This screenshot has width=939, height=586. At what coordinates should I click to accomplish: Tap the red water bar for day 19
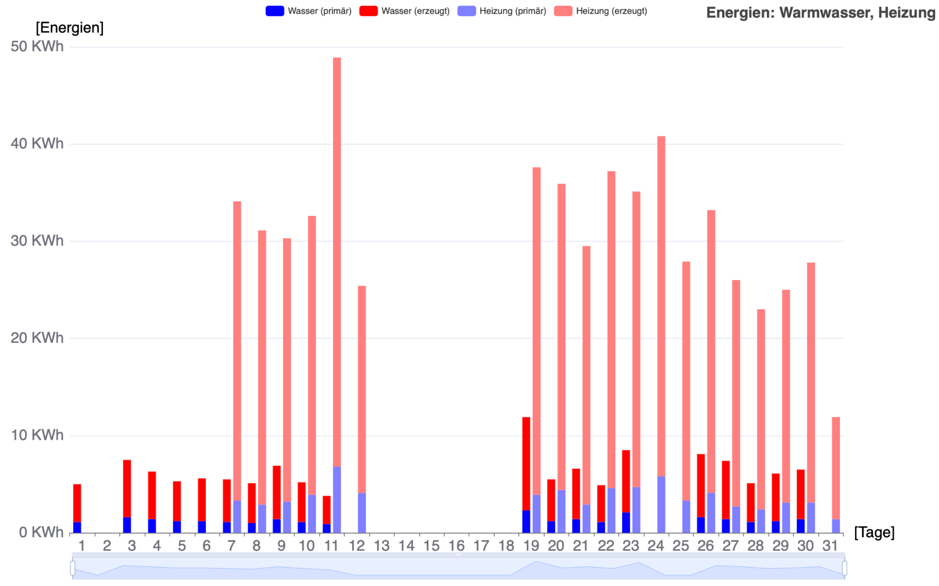[x=526, y=463]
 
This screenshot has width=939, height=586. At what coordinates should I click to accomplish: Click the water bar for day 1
[x=77, y=502]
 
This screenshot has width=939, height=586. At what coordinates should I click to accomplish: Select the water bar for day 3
[x=127, y=488]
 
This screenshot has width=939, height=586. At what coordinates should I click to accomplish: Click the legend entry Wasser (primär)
[x=309, y=11]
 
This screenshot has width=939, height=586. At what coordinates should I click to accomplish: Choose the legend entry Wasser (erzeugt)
[x=404, y=11]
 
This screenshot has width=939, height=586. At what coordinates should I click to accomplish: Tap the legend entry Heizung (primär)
[x=502, y=11]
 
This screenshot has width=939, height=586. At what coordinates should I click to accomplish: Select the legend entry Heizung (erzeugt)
[x=601, y=11]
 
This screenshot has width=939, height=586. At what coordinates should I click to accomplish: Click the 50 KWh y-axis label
[x=37, y=46]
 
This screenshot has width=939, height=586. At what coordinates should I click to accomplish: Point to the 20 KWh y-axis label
[x=37, y=338]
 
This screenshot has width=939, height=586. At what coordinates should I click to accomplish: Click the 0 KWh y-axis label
[x=41, y=532]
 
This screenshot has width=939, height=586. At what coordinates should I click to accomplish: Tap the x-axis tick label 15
[x=431, y=546]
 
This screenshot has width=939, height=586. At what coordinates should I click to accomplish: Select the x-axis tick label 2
[x=107, y=546]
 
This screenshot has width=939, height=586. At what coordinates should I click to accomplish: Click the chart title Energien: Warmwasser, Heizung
[x=821, y=12]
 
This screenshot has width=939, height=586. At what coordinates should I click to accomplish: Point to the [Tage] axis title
[x=874, y=532]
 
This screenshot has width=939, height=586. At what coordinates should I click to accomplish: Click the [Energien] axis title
[x=70, y=27]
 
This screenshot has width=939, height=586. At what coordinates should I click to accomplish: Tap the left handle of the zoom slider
[x=73, y=568]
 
